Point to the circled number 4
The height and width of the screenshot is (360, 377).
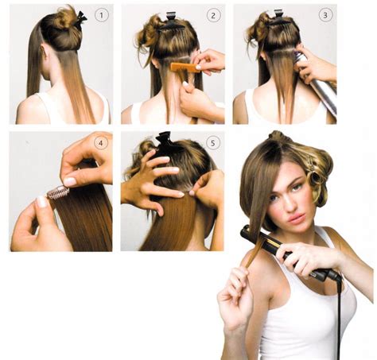coord(100,144)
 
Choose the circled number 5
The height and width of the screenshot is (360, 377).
coord(213,144)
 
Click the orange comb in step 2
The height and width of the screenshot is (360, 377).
coord(185,68)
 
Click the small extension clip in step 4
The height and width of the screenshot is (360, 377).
coord(59,192)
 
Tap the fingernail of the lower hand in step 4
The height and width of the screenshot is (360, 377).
coord(39,202)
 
